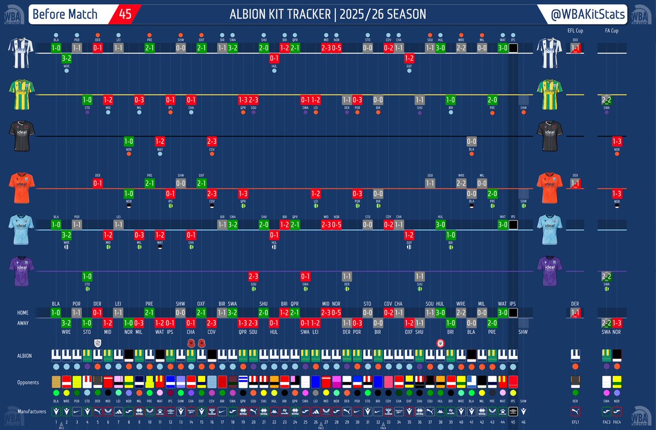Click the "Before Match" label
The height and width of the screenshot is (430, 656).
[65, 14]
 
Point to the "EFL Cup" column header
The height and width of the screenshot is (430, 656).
[575, 31]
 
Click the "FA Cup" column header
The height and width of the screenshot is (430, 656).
[612, 31]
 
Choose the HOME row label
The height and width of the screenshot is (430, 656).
[23, 313]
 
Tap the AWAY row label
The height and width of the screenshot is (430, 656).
[24, 323]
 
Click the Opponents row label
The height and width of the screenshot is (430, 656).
[28, 382]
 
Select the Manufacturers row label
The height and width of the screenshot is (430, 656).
[32, 410]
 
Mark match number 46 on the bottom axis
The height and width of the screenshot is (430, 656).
[524, 422]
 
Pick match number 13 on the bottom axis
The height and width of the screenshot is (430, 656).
[181, 422]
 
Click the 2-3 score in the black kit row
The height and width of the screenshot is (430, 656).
[212, 141]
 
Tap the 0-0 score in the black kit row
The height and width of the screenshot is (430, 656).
[472, 141]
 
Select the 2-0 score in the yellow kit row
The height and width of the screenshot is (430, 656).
[492, 100]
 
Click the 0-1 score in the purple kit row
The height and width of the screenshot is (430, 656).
[305, 276]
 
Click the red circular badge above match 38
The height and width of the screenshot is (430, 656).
[440, 343]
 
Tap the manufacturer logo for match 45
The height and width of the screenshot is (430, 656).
[513, 411]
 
